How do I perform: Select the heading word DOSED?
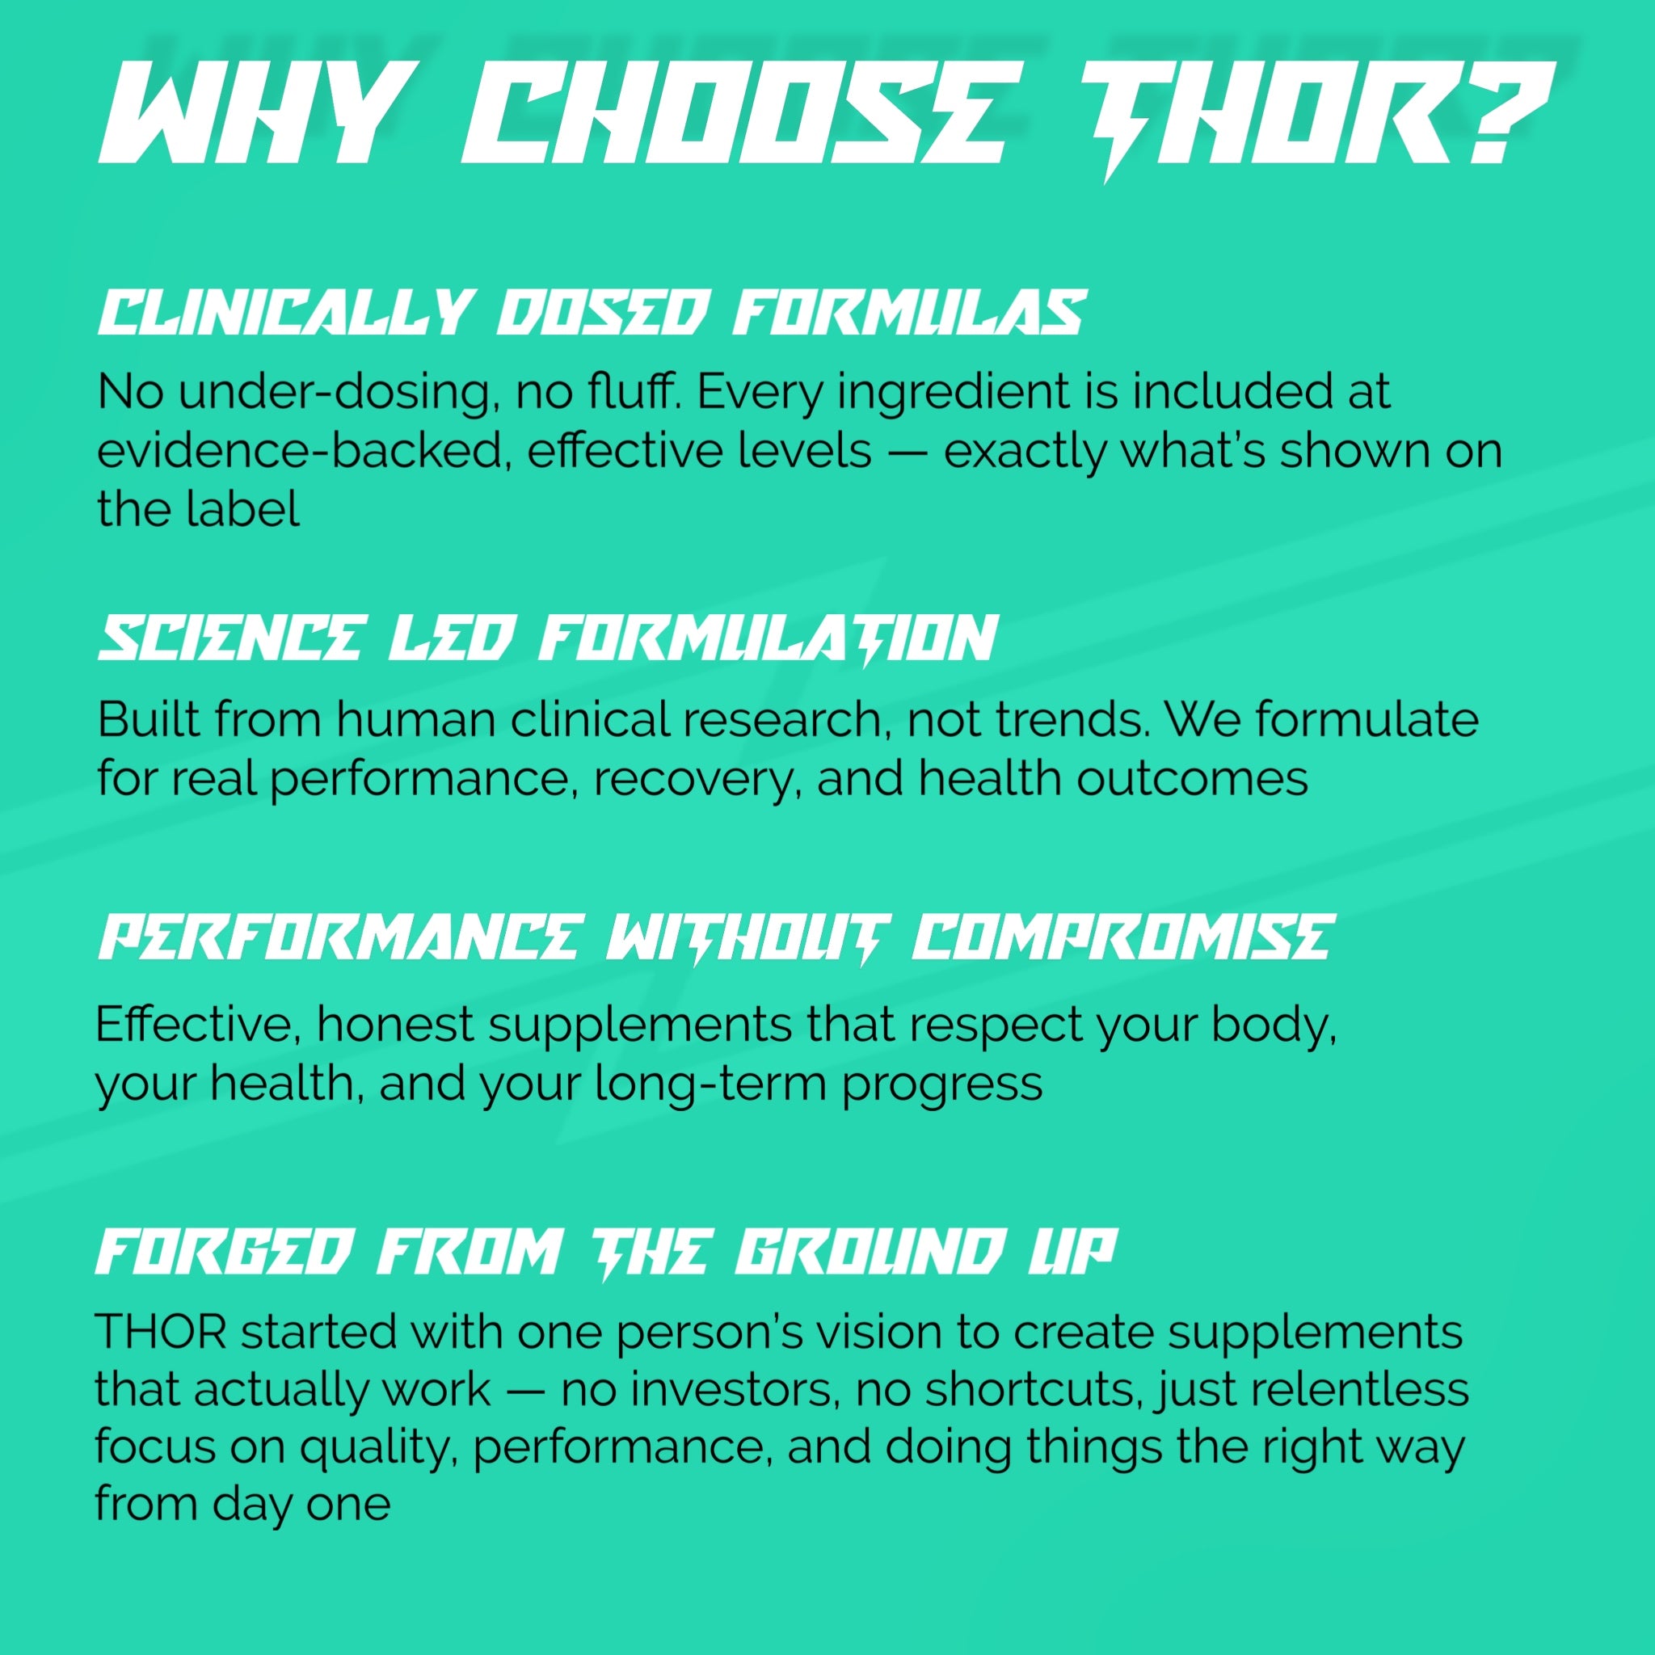tap(603, 313)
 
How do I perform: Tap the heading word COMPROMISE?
tap(1122, 937)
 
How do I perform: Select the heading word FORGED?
tap(223, 1253)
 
